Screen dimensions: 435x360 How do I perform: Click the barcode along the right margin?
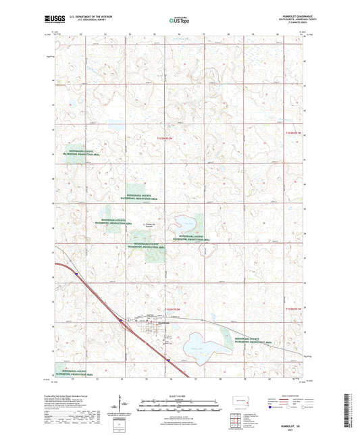coord(353,405)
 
